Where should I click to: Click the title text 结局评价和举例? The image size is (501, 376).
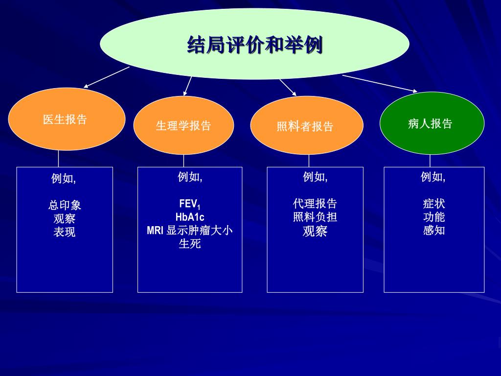pos(254,45)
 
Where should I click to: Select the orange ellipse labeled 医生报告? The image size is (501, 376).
pos(67,119)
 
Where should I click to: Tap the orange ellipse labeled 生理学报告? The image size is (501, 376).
pos(183,125)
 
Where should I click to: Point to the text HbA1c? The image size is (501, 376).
pos(190,217)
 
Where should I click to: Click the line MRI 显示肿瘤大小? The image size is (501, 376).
pos(190,230)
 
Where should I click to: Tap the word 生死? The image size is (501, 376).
pos(190,243)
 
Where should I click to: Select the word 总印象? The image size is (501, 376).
pos(65,205)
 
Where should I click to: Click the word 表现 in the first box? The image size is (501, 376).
pos(65,232)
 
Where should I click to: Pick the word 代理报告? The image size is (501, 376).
pos(315,204)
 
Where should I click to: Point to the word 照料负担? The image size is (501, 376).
pos(315,217)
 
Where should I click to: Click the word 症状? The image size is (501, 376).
pos(434,204)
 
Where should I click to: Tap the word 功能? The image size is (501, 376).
pos(434,217)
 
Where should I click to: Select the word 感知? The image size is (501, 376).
pos(434,230)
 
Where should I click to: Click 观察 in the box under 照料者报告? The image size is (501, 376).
pos(315,231)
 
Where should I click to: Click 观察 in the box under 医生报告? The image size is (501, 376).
pos(65,219)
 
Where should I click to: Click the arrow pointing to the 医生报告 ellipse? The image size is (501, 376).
pos(106,77)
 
